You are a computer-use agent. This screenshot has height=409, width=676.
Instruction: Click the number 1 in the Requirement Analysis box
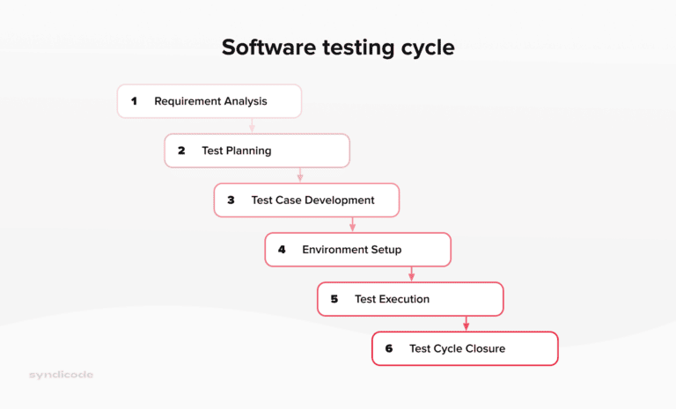pyautogui.click(x=135, y=101)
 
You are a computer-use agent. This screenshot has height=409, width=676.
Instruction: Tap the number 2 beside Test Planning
pyautogui.click(x=181, y=150)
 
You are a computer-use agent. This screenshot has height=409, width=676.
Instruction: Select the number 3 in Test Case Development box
pyautogui.click(x=231, y=200)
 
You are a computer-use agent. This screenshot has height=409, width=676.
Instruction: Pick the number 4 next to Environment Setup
pyautogui.click(x=282, y=250)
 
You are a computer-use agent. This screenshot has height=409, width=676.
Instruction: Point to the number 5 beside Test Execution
pyautogui.click(x=334, y=299)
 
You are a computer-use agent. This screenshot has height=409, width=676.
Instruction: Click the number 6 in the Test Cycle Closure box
pyautogui.click(x=388, y=349)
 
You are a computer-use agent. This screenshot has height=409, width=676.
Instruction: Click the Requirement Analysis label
pyautogui.click(x=210, y=101)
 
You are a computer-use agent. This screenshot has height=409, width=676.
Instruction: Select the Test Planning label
pyautogui.click(x=236, y=150)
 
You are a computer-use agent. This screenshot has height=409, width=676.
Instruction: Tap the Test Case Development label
pyautogui.click(x=312, y=200)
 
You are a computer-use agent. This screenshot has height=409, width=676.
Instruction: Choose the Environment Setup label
pyautogui.click(x=351, y=250)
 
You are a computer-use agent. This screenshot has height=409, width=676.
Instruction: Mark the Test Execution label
pyautogui.click(x=392, y=299)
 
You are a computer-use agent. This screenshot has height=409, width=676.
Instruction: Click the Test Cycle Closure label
pyautogui.click(x=457, y=349)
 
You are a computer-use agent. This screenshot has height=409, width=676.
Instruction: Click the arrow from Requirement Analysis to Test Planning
pyautogui.click(x=252, y=126)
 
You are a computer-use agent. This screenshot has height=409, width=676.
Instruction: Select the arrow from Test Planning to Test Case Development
pyautogui.click(x=300, y=175)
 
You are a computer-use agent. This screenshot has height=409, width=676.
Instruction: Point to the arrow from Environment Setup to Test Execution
pyautogui.click(x=411, y=274)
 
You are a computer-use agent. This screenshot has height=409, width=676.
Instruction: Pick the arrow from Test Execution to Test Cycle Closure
pyautogui.click(x=467, y=324)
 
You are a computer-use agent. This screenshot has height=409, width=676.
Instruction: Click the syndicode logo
pyautogui.click(x=61, y=375)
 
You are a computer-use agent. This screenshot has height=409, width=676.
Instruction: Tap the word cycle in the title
pyautogui.click(x=425, y=47)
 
